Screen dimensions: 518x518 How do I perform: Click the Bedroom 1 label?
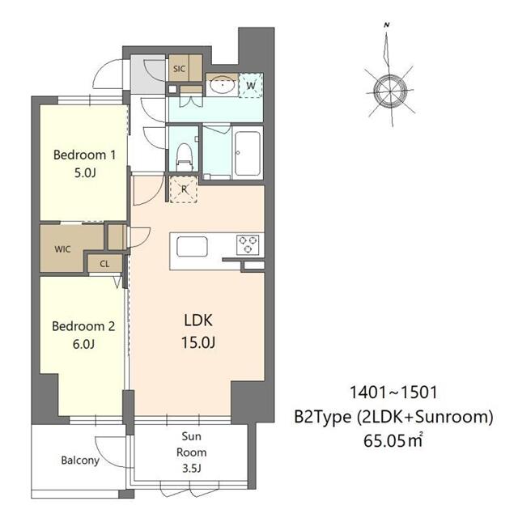[84, 155]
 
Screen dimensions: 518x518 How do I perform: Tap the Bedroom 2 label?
[83, 326]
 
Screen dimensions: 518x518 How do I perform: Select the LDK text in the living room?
[198, 321]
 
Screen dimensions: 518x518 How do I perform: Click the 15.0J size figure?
[198, 342]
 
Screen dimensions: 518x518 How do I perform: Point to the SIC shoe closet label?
[180, 69]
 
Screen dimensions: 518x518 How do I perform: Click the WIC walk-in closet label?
[63, 248]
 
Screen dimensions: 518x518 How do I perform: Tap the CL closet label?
[104, 264]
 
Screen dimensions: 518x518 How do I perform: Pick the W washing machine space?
[251, 86]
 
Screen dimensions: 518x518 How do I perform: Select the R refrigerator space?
[184, 189]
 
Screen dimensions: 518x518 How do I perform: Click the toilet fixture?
[185, 157]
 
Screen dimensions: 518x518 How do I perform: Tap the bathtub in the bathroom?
[248, 153]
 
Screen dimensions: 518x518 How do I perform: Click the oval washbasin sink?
[223, 85]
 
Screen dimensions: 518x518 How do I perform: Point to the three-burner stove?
[248, 244]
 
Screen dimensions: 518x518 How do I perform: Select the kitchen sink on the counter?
[192, 246]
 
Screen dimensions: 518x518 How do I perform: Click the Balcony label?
[80, 461]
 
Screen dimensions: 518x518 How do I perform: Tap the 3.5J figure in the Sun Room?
[192, 468]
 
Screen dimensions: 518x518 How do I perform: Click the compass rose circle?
[390, 91]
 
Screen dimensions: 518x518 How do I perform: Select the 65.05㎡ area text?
[393, 440]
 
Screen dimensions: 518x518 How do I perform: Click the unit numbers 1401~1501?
[393, 393]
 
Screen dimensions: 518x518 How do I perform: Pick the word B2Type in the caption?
[323, 417]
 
